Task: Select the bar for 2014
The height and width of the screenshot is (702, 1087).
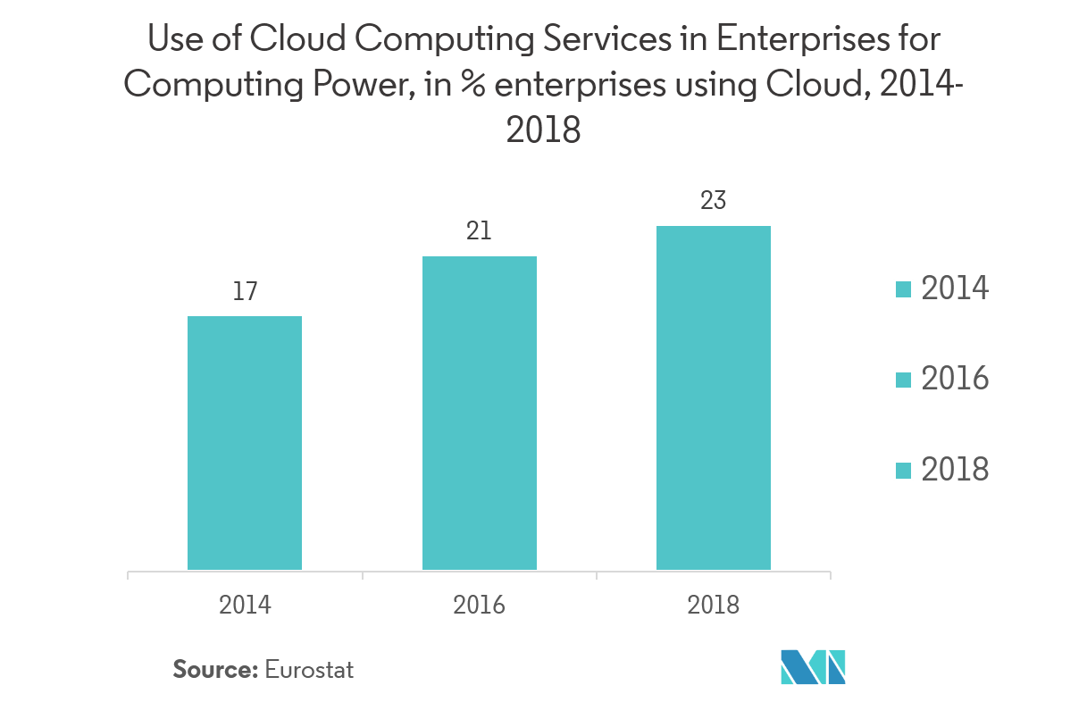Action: pos(245,442)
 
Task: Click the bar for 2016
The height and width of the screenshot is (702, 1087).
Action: pos(480,413)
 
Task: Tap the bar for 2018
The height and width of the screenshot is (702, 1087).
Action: pos(714,397)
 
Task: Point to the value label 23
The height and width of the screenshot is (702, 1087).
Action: pos(714,201)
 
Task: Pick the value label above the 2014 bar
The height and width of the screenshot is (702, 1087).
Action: pos(245,290)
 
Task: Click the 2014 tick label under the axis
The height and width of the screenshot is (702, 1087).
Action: pos(245,606)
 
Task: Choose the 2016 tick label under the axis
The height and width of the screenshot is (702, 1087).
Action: pos(480,606)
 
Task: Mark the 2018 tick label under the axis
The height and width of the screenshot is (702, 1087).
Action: pos(714,606)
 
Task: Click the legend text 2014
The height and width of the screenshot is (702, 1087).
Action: pos(954,288)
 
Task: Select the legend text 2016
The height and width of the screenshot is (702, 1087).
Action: pos(955,379)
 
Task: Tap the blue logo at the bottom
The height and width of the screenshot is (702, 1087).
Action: pos(813,667)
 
